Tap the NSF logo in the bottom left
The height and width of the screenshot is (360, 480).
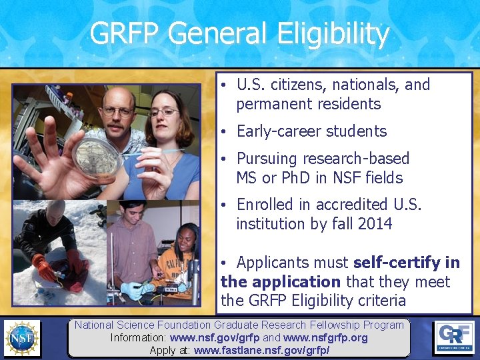(x=22, y=337)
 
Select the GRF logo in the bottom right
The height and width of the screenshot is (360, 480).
(x=455, y=337)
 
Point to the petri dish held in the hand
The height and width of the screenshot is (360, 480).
(x=97, y=157)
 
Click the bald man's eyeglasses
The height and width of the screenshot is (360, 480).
(x=118, y=111)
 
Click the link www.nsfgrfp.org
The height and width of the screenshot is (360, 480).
(x=325, y=338)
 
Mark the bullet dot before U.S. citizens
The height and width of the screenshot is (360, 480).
(x=226, y=85)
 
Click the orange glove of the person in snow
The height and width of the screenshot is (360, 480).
(x=45, y=270)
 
